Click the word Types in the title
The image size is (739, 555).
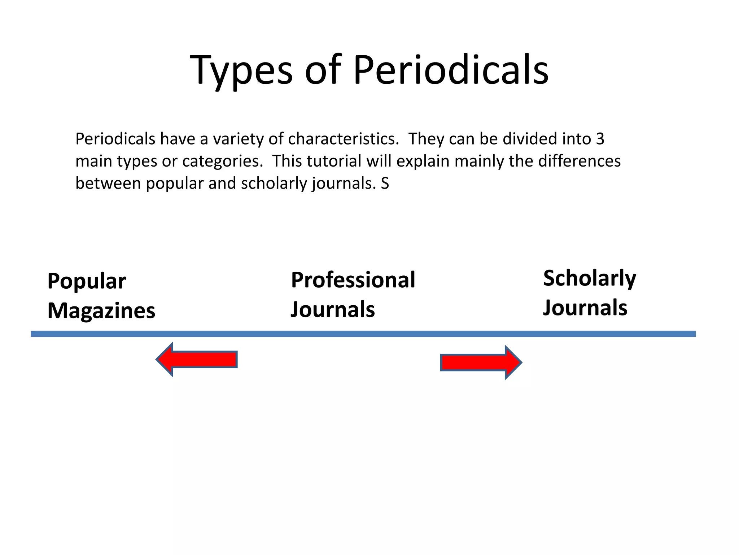click(x=241, y=70)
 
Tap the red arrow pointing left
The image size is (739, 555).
click(x=197, y=360)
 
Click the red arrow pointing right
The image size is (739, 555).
click(x=481, y=362)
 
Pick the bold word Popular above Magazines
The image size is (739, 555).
click(x=87, y=281)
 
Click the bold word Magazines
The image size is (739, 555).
click(x=101, y=311)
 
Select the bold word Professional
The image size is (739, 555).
click(x=353, y=280)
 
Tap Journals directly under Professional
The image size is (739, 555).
click(x=333, y=310)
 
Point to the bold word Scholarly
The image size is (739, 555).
click(x=590, y=279)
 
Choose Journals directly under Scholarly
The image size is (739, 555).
click(x=585, y=308)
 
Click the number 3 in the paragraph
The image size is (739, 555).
click(x=600, y=139)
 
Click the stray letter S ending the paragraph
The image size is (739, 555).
click(x=385, y=184)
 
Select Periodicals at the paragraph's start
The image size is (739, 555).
click(x=115, y=139)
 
